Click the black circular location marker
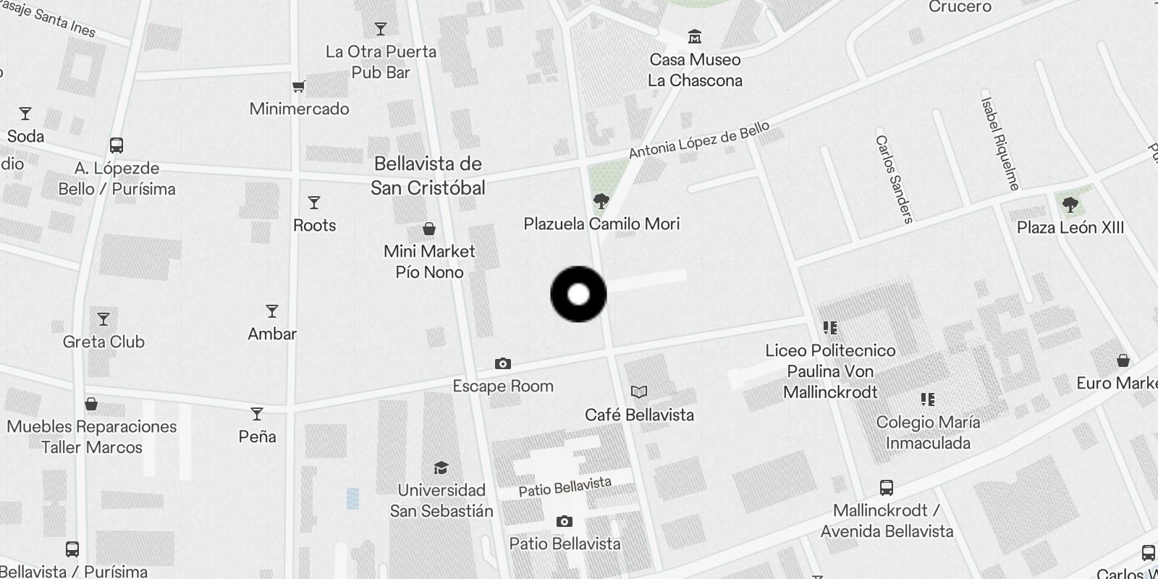click(578, 295)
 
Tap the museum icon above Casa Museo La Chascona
click(695, 36)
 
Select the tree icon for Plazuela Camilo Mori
click(601, 200)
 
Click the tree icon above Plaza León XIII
click(1070, 205)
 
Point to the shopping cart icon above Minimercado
click(298, 87)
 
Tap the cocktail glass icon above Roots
click(314, 203)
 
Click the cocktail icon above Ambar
click(272, 311)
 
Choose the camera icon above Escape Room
click(502, 363)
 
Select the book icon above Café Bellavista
click(639, 392)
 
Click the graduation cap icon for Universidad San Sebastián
click(441, 468)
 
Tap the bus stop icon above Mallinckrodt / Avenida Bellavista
click(886, 487)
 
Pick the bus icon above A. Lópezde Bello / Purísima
click(117, 145)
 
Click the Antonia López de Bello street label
click(698, 140)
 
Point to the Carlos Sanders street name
click(894, 179)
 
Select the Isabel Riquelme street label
click(999, 143)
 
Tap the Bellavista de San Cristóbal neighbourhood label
click(428, 176)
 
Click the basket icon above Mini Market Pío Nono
click(429, 229)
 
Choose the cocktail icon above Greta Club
click(103, 319)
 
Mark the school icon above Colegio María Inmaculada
click(928, 399)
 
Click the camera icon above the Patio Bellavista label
click(565, 521)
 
